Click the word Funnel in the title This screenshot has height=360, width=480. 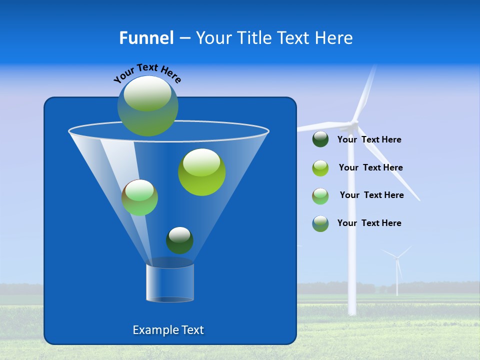146,38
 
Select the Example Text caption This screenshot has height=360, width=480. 168,330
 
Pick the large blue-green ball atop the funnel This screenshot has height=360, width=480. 148,106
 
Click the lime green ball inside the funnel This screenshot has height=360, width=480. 201,172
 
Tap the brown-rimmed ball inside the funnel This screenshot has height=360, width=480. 139,197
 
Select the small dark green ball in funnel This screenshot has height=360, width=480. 179,240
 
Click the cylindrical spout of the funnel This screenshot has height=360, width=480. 170,282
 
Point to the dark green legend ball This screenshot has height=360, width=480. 320,139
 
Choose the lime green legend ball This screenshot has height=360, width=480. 320,168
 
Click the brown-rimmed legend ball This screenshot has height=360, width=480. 320,196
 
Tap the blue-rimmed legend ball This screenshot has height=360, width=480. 320,223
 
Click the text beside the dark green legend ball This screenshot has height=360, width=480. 369,140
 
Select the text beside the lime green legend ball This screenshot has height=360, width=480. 370,168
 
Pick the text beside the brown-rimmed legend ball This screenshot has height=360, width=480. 371,195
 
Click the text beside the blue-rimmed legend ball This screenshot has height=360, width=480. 369,223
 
